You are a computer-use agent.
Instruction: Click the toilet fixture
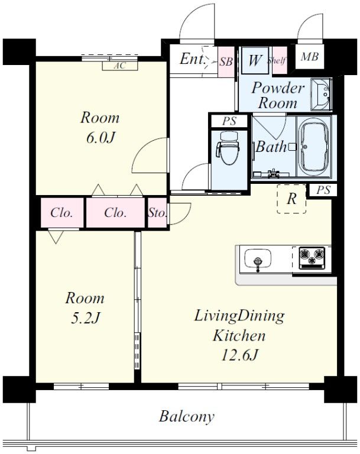[x=228, y=148]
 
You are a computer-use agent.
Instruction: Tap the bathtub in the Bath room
[x=314, y=147]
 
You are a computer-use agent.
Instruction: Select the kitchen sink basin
[x=258, y=259]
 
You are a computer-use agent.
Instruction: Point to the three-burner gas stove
[x=312, y=257]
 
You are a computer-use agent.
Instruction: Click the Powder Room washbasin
[x=322, y=94]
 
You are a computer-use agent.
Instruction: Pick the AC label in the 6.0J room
[x=119, y=66]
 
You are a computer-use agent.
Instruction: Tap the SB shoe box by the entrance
[x=226, y=61]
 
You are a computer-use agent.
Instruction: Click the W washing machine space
[x=255, y=60]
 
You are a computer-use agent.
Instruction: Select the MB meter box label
[x=310, y=57]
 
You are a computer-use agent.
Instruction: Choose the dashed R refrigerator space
[x=291, y=199]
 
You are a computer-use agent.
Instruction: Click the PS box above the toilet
[x=229, y=121]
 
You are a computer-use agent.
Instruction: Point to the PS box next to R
[x=323, y=190]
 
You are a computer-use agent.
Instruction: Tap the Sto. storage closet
[x=158, y=213]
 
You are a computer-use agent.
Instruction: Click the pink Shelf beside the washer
[x=279, y=60]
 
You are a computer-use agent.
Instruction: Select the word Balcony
[x=187, y=417]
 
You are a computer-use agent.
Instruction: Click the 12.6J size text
[x=239, y=355]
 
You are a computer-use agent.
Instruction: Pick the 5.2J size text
[x=85, y=318]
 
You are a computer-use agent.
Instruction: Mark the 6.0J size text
[x=100, y=138]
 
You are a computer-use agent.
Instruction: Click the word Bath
[x=271, y=147]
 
